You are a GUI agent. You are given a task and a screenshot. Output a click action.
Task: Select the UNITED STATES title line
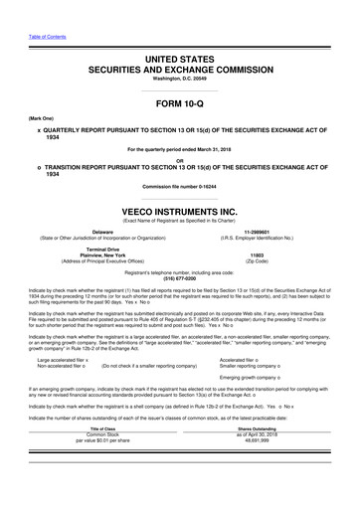point(179,61)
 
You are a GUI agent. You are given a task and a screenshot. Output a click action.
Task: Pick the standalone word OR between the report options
point(179,159)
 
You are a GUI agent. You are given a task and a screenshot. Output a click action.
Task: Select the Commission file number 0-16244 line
point(179,187)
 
